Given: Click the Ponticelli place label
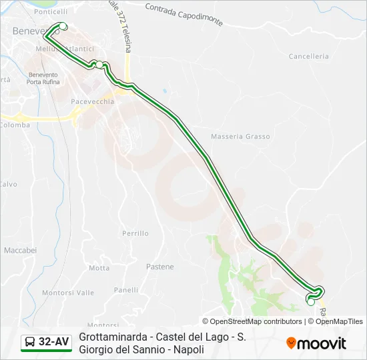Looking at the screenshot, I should click(x=51, y=12).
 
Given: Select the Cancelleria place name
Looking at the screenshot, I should click(x=308, y=57).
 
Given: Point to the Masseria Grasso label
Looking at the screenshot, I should click(x=240, y=137).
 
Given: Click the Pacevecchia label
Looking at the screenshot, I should click(x=93, y=101).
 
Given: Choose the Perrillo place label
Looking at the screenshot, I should click(x=135, y=233).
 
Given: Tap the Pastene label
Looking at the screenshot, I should click(x=159, y=267).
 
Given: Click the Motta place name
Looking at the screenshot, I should click(x=99, y=268).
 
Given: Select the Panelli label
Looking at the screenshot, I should click(x=126, y=290).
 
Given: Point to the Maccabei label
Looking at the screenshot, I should click(x=20, y=250).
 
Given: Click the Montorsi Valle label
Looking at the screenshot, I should click(x=68, y=293).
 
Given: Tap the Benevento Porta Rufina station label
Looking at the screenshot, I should click(x=43, y=79).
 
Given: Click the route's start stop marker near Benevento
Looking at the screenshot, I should click(x=63, y=26).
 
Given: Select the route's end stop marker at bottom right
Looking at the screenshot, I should click(x=310, y=301).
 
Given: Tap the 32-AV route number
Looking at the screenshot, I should click(x=53, y=342).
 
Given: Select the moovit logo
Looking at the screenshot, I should click(x=316, y=343).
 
